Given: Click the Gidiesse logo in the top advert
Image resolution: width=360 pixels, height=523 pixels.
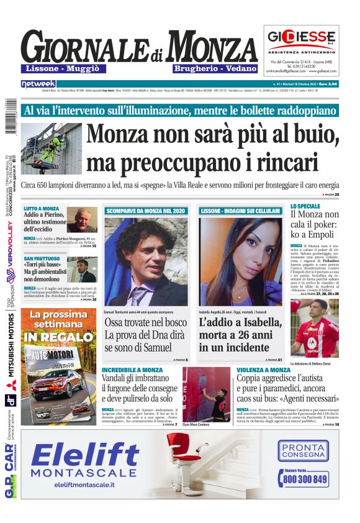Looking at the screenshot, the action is pos(301,38).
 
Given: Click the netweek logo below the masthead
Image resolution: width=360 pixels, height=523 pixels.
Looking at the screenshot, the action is pos(38,84).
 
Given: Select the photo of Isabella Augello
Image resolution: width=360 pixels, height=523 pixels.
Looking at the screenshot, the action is pos(240,261).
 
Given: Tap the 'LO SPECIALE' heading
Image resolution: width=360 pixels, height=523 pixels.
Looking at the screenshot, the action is pos(305,206).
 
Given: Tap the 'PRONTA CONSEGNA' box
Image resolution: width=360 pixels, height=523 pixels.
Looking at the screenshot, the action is pos(304,451).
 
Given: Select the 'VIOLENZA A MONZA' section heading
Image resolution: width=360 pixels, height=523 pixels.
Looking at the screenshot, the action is pos(263,370).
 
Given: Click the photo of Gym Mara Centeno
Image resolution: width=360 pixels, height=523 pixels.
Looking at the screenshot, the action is pos(206,393).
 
